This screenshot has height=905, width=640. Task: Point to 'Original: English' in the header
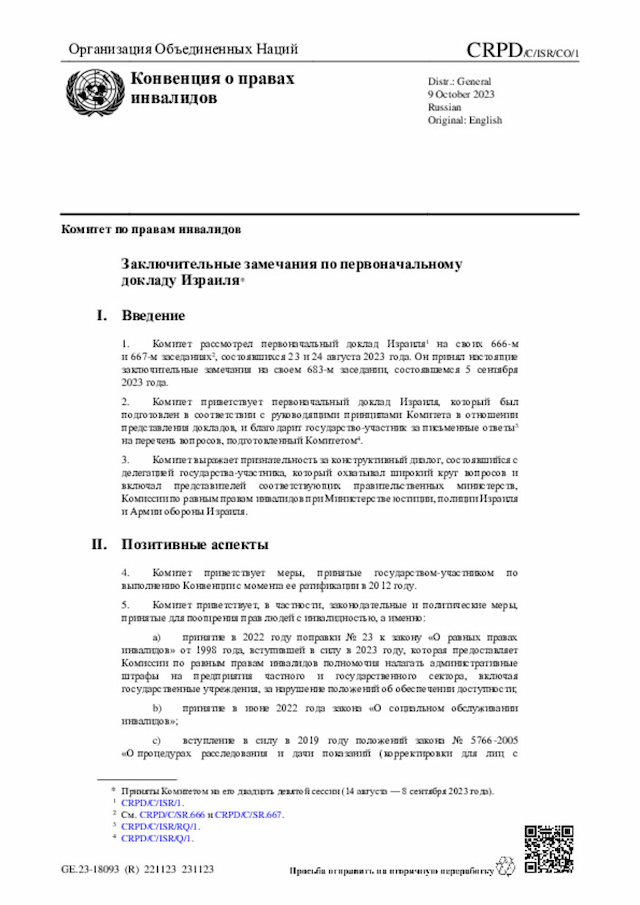[465, 120]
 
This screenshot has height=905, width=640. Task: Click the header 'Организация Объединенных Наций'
[183, 50]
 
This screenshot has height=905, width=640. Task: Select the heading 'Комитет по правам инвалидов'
[150, 229]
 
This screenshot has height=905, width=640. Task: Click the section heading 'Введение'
[153, 316]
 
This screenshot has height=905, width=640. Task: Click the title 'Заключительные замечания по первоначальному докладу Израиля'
[290, 273]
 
